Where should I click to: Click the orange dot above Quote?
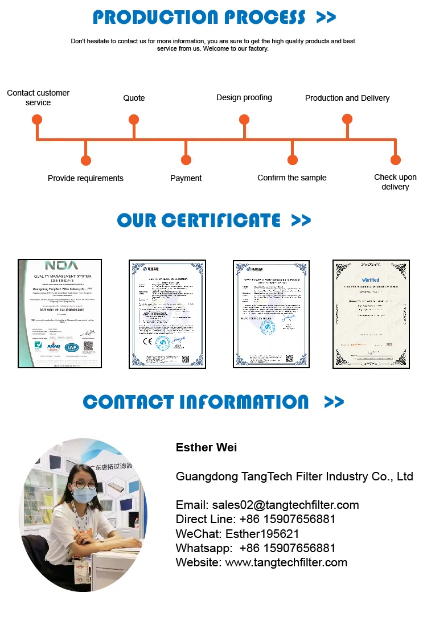pyautogui.click(x=134, y=120)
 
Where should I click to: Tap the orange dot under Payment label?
pyautogui.click(x=185, y=161)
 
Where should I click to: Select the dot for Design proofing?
pyautogui.click(x=244, y=120)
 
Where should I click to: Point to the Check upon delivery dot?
pyautogui.click(x=396, y=161)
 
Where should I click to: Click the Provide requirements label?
pyautogui.click(x=85, y=178)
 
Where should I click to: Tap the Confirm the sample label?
pyautogui.click(x=292, y=178)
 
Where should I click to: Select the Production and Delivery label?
pyautogui.click(x=347, y=98)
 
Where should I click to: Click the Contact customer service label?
pyautogui.click(x=38, y=97)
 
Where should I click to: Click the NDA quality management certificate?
pyautogui.click(x=60, y=314)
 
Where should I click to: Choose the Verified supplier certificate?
pyautogui.click(x=371, y=314)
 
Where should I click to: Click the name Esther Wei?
pyautogui.click(x=207, y=447)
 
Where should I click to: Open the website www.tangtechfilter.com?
pyautogui.click(x=286, y=562)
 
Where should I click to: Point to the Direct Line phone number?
pyautogui.click(x=288, y=519)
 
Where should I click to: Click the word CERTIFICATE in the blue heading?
pyautogui.click(x=221, y=220)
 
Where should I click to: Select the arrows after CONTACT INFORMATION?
pyautogui.click(x=334, y=402)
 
